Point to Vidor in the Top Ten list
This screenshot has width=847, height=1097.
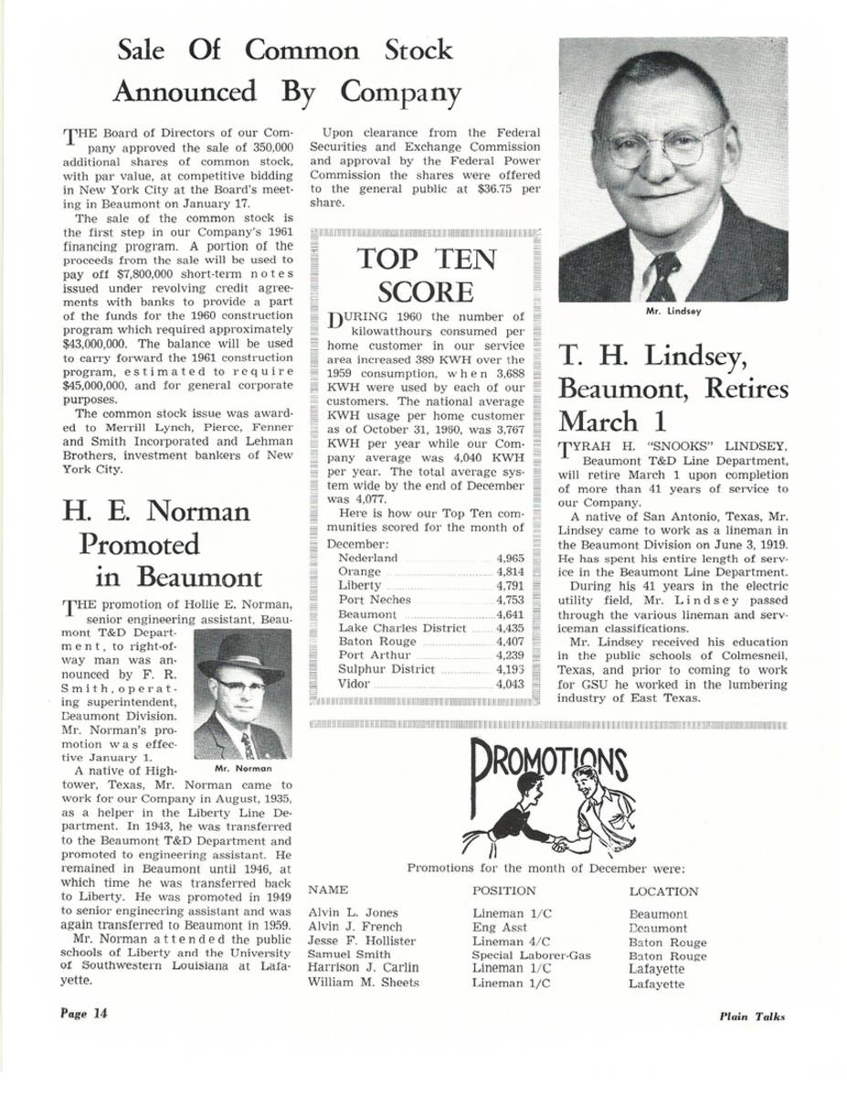tap(355, 684)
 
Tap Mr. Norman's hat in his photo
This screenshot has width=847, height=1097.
tap(240, 652)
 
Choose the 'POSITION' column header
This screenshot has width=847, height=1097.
tap(504, 890)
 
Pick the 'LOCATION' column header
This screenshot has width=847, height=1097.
tap(664, 891)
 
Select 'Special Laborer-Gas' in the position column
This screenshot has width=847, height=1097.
tap(531, 954)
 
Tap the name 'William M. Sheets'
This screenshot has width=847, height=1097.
tap(365, 983)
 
